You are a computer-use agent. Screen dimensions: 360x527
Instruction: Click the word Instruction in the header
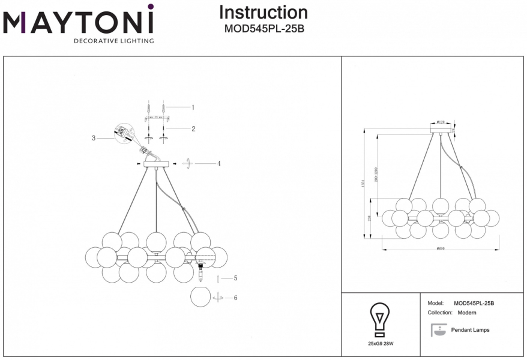263,13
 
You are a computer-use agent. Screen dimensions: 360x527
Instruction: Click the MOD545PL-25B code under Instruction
264,28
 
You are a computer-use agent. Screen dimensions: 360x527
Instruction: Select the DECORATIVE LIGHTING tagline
113,41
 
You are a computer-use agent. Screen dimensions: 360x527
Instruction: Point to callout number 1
193,107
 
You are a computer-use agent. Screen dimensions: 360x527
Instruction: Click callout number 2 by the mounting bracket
193,128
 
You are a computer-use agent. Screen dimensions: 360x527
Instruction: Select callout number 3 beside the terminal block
94,138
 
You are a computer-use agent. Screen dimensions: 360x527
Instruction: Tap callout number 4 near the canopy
219,163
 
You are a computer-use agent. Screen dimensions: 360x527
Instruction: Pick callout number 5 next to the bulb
236,278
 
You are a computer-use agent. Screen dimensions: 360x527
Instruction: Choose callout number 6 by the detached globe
236,298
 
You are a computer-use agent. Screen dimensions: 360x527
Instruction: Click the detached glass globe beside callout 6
201,296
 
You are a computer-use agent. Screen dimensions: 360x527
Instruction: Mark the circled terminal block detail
124,133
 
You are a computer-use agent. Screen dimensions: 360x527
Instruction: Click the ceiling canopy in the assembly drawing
156,163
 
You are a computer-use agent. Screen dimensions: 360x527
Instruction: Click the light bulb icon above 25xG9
379,320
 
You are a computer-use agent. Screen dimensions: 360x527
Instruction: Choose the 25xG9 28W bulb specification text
380,344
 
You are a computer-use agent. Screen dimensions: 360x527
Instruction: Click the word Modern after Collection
467,313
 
